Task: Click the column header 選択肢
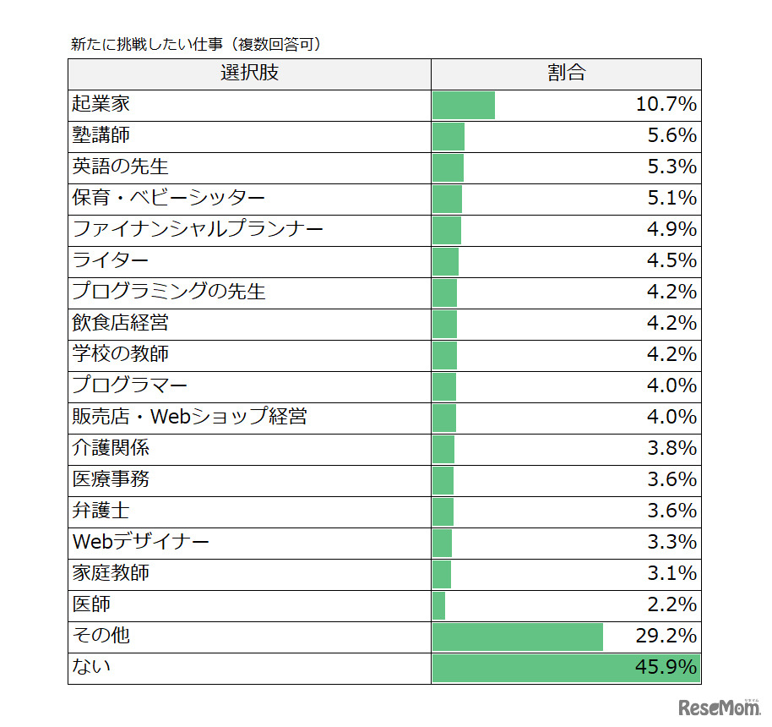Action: [249, 74]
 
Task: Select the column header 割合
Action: [566, 74]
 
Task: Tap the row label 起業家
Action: [101, 105]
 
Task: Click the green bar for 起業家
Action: [464, 105]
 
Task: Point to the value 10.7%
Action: [666, 105]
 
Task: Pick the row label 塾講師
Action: [101, 136]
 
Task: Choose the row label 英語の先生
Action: [120, 167]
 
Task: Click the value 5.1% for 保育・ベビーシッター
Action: [671, 199]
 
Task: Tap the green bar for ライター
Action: [445, 261]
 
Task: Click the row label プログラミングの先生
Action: [169, 292]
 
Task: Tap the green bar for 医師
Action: [438, 605]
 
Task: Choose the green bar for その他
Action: [518, 637]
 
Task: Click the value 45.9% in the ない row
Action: [666, 668]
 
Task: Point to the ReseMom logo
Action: [718, 707]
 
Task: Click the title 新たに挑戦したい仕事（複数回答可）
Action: [195, 44]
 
